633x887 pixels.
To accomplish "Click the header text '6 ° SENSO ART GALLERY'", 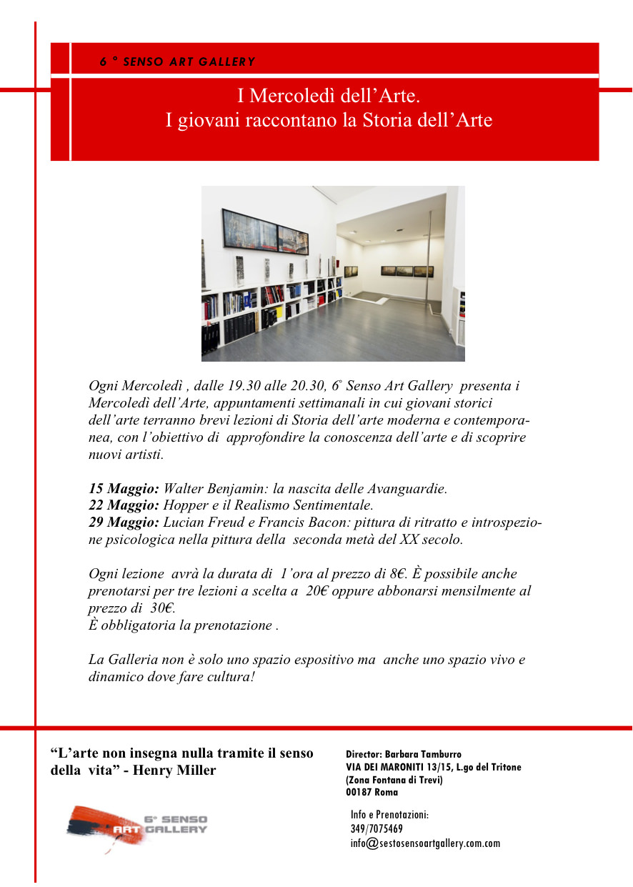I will tap(177, 62).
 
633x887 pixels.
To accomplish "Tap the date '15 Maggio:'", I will tap(124, 490).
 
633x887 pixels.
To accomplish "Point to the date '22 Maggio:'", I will tap(124, 505).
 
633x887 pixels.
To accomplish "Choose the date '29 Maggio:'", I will tap(124, 522).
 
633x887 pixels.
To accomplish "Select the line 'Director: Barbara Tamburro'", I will tap(404, 754).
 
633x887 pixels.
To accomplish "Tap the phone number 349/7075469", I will tap(377, 829).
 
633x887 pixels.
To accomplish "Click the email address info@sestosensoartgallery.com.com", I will tap(425, 843).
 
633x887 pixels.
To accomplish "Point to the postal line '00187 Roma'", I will tap(372, 793).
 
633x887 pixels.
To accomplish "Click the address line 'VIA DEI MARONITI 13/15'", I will tap(402, 767).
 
